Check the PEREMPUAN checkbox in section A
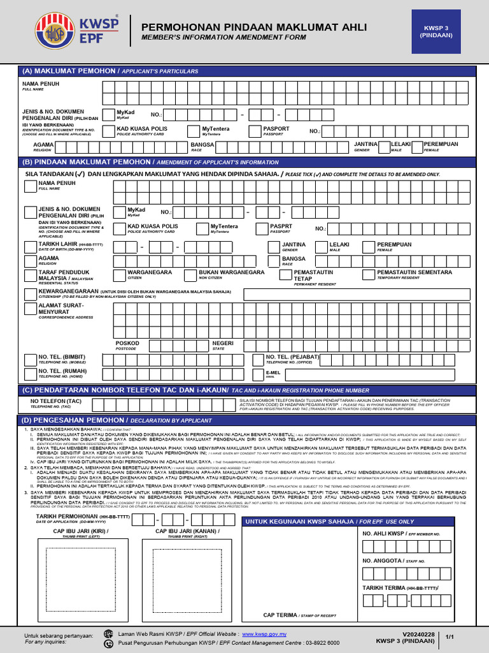pyautogui.click(x=417, y=148)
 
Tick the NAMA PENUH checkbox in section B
pyautogui.click(x=30, y=186)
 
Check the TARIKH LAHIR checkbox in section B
pyautogui.click(x=30, y=247)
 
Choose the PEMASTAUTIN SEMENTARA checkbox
pyautogui.click(x=368, y=275)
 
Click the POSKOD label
pyautogui.click(x=127, y=343)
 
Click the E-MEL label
pyautogui.click(x=273, y=372)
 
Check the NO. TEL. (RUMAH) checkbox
pyautogui.click(x=30, y=373)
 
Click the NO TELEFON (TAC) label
pyautogui.click(x=56, y=401)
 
